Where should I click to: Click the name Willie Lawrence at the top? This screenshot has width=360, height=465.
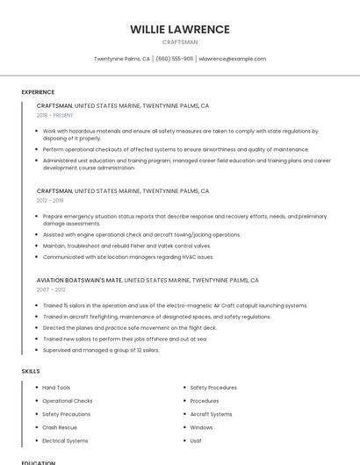(x=180, y=29)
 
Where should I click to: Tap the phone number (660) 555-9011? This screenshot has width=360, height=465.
(x=175, y=59)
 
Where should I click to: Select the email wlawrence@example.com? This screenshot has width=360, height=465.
(x=233, y=59)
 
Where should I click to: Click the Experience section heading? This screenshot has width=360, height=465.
(x=38, y=92)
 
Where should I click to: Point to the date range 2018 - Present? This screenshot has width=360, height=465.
(x=54, y=115)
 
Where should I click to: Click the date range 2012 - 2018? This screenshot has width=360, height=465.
(x=51, y=200)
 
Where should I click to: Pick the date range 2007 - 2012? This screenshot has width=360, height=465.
(x=51, y=290)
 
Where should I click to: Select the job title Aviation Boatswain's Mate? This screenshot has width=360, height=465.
(x=79, y=280)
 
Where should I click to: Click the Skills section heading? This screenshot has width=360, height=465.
(x=31, y=371)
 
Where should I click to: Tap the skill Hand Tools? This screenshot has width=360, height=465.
(x=56, y=387)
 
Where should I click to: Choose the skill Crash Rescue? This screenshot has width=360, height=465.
(x=60, y=427)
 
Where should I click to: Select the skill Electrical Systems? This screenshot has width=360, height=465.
(x=65, y=440)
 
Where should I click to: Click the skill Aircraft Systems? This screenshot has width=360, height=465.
(x=211, y=414)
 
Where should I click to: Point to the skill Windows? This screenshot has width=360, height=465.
(x=201, y=427)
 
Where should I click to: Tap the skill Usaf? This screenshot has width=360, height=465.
(x=196, y=440)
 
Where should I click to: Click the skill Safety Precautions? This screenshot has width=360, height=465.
(x=66, y=414)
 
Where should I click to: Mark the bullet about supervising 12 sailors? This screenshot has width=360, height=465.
(x=101, y=350)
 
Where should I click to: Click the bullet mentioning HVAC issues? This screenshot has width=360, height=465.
(x=128, y=257)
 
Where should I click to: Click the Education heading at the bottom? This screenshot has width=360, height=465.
(x=38, y=462)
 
